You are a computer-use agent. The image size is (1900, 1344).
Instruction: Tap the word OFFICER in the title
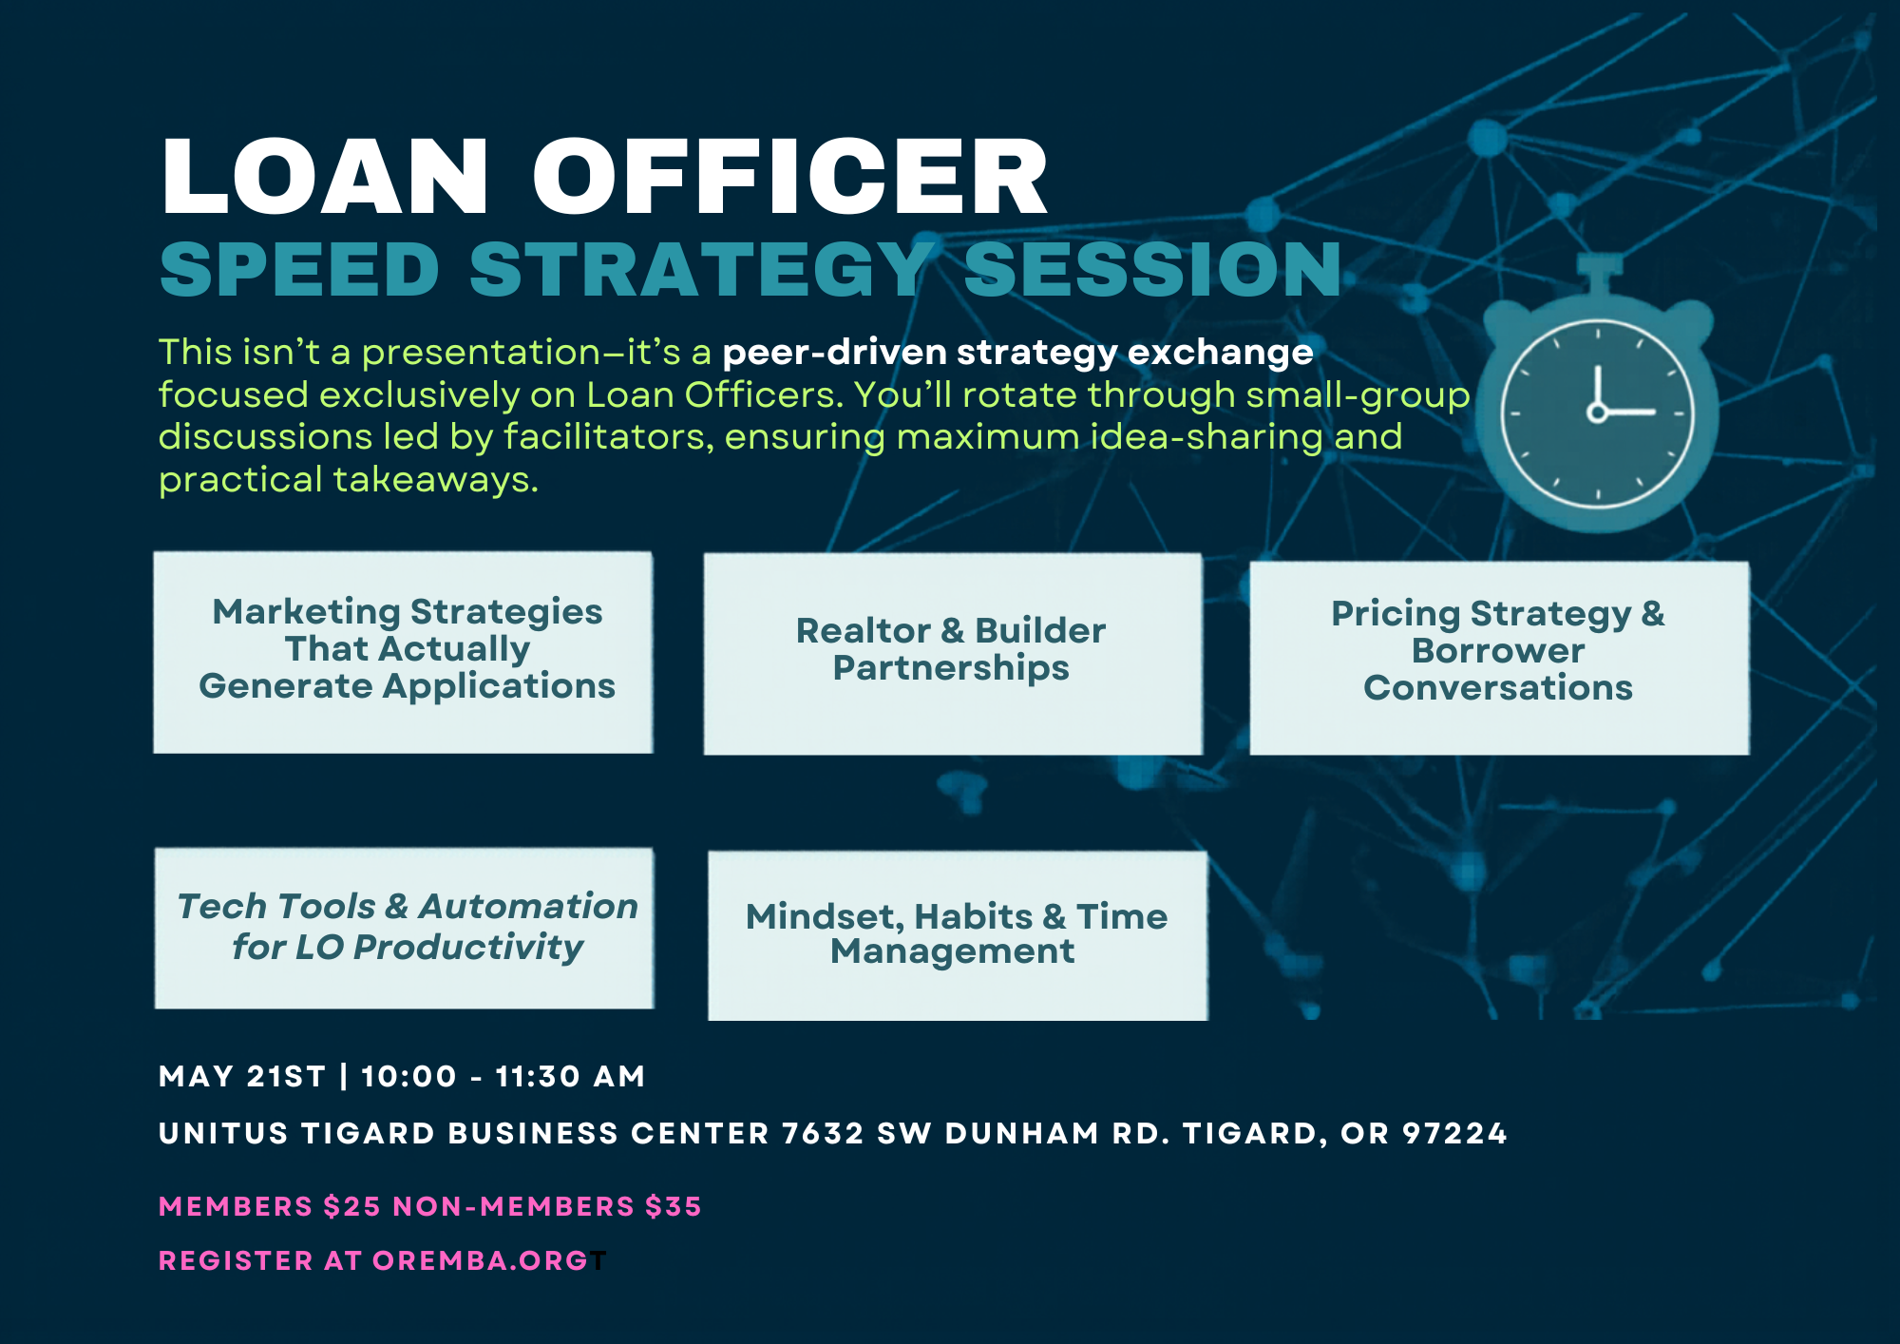(790, 177)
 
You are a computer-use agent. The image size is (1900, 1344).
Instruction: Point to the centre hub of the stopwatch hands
(1598, 412)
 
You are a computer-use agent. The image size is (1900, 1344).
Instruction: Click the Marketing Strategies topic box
(403, 652)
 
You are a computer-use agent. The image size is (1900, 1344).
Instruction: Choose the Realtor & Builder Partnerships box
(953, 654)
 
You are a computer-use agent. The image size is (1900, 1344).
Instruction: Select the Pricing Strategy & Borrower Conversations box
(1499, 658)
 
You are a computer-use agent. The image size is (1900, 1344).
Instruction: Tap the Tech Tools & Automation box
(405, 928)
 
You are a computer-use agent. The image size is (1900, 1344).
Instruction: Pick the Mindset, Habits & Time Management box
(958, 935)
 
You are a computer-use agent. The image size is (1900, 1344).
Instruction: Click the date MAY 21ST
(242, 1076)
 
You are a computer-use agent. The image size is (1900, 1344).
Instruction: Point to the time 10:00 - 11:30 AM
(503, 1076)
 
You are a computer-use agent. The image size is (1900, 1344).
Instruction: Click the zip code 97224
(1454, 1133)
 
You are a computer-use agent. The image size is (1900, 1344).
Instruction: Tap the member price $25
(351, 1206)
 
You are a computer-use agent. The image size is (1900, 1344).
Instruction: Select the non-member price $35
(673, 1206)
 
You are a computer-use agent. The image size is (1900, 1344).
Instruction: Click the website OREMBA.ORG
(481, 1260)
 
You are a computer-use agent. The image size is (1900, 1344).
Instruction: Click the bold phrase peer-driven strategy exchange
(1017, 353)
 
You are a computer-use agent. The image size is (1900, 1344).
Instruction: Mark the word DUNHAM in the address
(1022, 1133)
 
